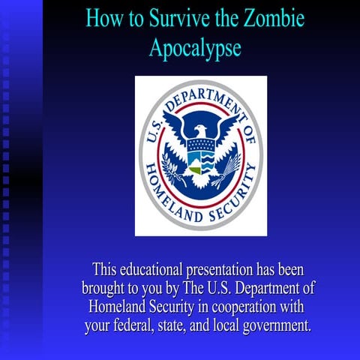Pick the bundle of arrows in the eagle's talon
[225, 181]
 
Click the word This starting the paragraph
[106, 268]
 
